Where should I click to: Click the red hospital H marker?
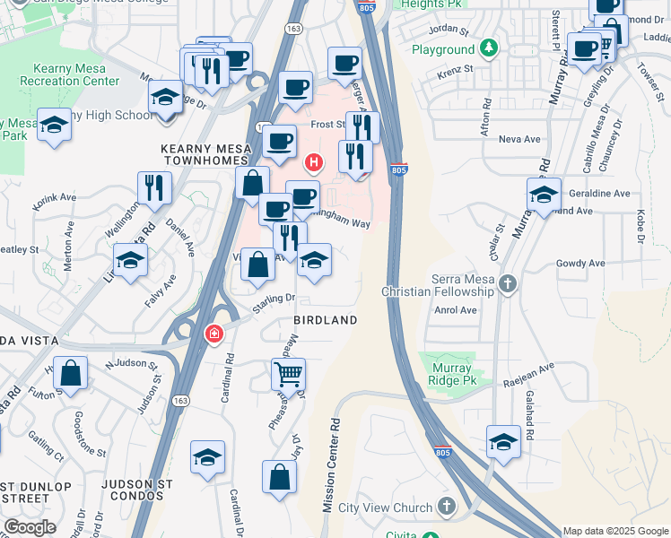tap(314, 162)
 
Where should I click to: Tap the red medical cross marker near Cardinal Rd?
tap(213, 334)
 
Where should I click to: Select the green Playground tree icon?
tap(489, 48)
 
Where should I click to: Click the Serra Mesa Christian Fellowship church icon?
tap(508, 285)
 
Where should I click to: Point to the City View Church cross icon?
tap(447, 508)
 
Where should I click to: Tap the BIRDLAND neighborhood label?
tap(326, 320)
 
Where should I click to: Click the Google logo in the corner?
tap(30, 527)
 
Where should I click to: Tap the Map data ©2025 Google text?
tap(614, 531)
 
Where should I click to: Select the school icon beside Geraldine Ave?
tap(544, 195)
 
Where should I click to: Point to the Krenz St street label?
tap(456, 68)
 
